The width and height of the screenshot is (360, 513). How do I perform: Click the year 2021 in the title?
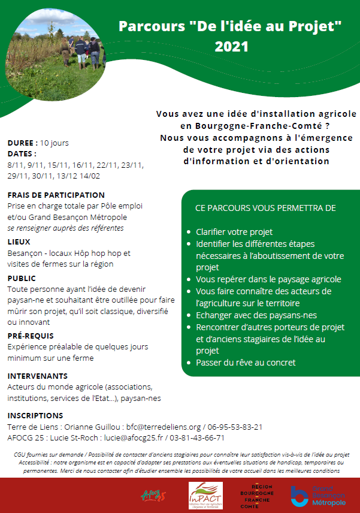(231, 46)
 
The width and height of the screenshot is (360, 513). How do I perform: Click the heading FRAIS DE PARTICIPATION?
(56, 195)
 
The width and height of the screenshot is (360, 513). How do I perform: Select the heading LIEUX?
(19, 242)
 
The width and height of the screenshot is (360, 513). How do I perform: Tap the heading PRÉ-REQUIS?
(31, 336)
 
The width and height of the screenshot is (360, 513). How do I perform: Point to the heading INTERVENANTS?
(37, 376)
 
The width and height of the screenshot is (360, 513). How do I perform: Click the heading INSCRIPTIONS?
(35, 415)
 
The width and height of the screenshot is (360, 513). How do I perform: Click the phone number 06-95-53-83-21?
(235, 427)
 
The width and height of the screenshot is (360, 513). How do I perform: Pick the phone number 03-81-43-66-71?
(216, 437)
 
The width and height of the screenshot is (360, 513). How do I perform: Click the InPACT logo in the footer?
(205, 495)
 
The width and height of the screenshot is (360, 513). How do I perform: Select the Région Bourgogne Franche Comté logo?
(258, 496)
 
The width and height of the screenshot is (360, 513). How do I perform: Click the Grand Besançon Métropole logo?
(317, 496)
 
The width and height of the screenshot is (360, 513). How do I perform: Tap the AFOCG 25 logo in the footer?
(152, 496)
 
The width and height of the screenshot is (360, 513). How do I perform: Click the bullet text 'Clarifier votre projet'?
(234, 232)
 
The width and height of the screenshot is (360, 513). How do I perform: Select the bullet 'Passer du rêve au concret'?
(246, 363)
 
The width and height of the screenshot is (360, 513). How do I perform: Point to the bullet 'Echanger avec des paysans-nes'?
(256, 315)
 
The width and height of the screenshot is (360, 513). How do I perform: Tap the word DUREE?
(21, 143)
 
